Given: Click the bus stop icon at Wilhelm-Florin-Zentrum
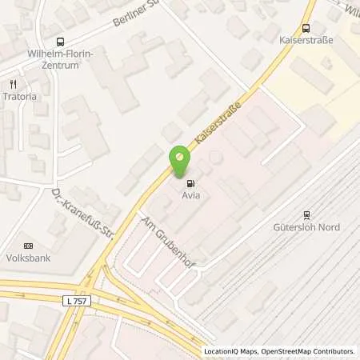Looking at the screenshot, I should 60,42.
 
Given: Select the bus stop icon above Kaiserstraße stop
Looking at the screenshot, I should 306,26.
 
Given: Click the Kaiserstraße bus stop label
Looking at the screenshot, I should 306,38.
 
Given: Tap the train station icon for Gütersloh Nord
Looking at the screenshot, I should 306,214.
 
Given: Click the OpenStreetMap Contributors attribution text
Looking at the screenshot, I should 307,351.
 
